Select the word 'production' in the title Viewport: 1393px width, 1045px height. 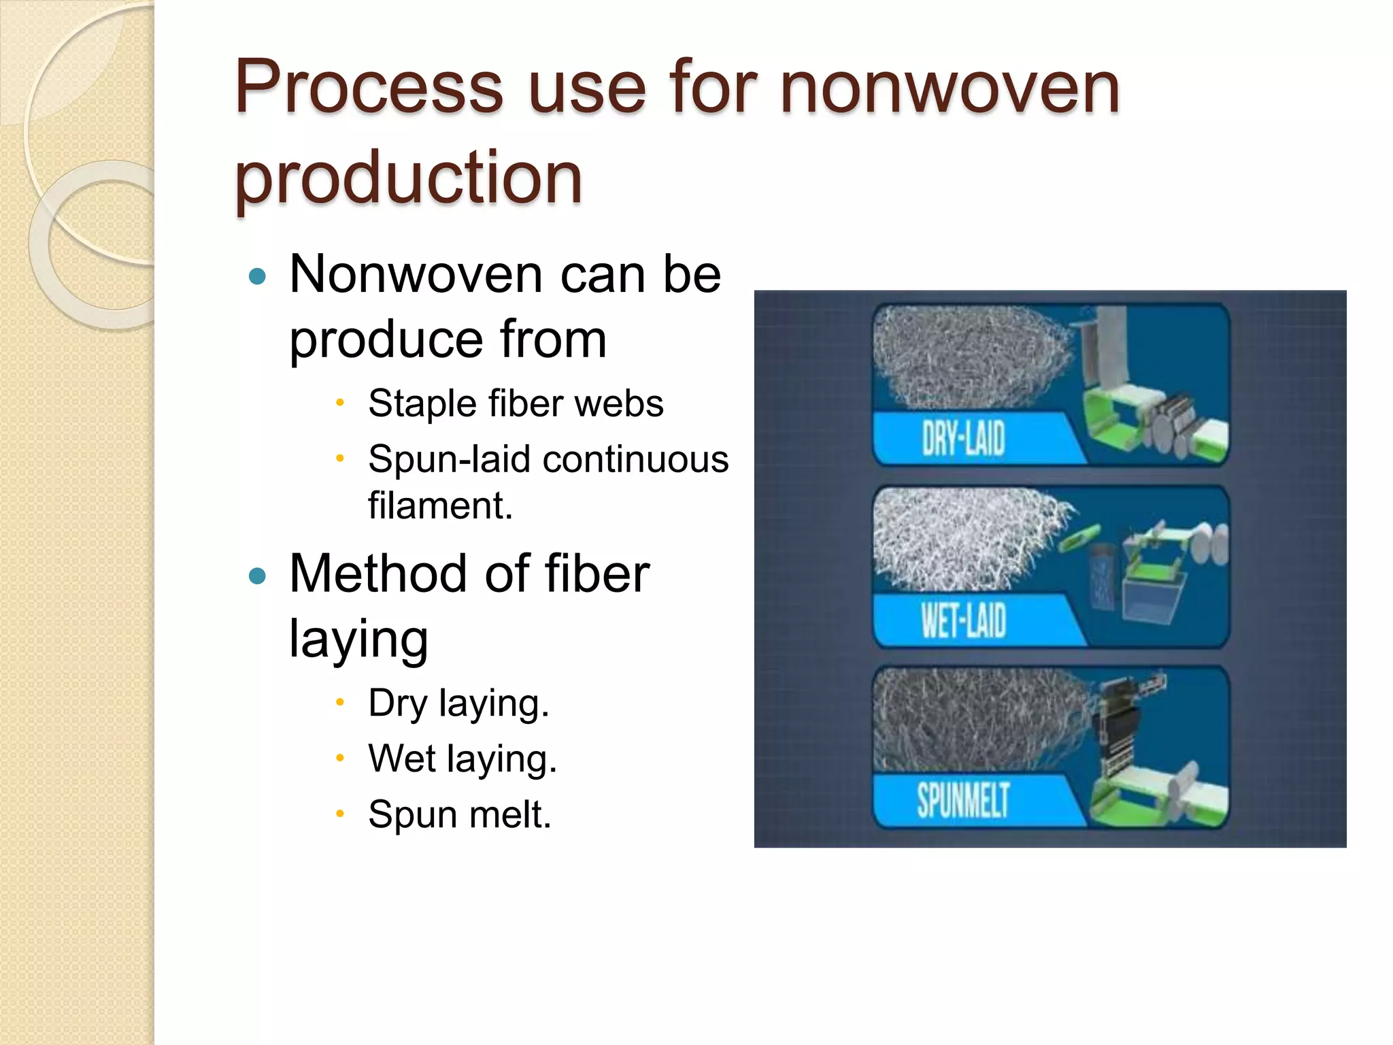coord(408,178)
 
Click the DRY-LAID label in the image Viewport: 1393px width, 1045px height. coord(963,438)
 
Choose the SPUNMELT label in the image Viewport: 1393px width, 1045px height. coord(963,800)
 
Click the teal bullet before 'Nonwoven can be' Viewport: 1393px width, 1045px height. coord(257,276)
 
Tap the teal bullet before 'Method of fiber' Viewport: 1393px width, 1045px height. coord(257,576)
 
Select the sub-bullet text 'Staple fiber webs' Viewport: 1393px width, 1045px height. coord(516,403)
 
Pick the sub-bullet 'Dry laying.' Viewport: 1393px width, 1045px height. coord(458,703)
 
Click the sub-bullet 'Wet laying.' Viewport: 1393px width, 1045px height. coord(463,759)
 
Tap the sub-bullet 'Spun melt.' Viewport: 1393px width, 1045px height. coord(460,814)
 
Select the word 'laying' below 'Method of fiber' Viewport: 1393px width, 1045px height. coord(359,638)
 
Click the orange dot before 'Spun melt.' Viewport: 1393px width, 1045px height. coord(341,813)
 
